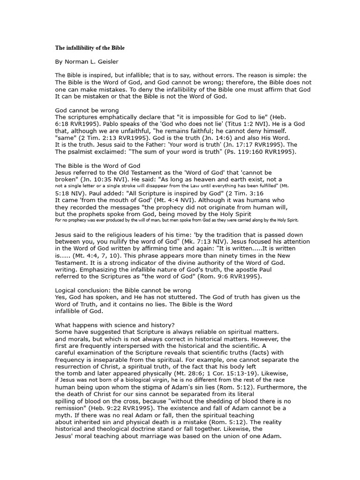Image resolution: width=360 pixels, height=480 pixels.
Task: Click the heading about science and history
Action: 115,325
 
